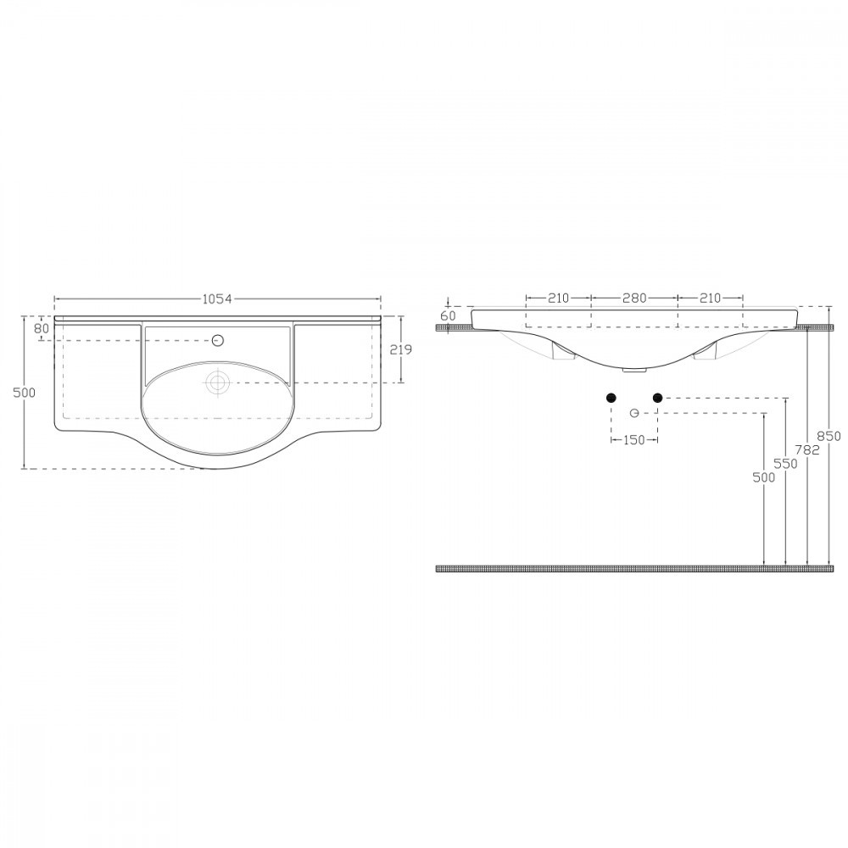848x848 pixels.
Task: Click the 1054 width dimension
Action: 217,298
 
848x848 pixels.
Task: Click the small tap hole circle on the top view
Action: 218,341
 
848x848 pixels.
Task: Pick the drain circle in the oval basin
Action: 218,382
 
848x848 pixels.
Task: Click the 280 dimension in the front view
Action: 634,298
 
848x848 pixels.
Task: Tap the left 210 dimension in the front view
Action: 557,298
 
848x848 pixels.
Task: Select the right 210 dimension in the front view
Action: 710,298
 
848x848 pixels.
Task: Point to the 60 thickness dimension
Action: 448,315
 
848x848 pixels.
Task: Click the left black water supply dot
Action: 611,398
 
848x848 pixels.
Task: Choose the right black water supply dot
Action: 657,398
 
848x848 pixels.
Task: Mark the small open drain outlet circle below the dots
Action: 634,413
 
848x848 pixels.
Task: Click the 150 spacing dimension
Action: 634,440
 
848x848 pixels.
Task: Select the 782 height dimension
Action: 809,450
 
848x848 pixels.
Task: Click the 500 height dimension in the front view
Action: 765,478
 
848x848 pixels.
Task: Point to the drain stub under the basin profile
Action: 633,370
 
